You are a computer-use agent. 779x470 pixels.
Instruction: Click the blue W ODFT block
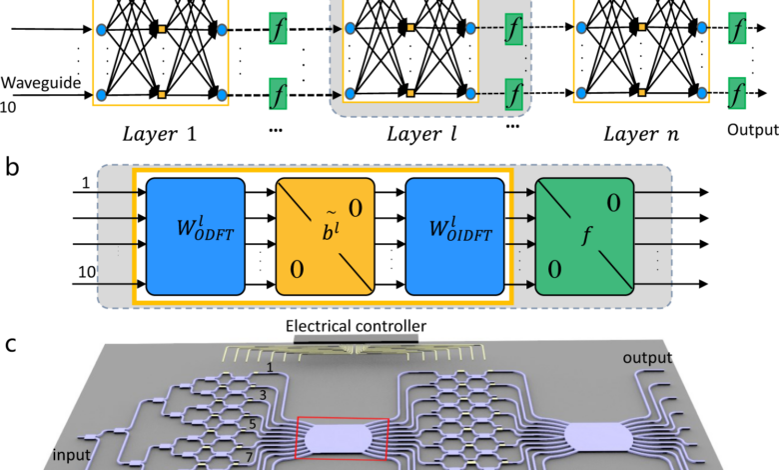196,236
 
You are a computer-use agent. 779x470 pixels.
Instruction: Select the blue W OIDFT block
455,236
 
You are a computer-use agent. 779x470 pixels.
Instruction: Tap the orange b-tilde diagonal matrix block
326,236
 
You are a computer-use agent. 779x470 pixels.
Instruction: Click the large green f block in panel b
584,236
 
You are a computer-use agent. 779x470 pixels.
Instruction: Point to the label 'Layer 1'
160,134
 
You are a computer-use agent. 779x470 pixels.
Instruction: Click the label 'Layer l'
421,134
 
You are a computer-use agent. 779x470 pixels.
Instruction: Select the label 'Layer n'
641,134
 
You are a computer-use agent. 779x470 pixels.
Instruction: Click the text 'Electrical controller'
356,326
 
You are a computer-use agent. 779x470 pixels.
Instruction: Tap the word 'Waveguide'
41,83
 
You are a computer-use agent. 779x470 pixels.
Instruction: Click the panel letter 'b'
12,166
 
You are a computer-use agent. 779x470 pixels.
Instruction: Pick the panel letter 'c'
11,345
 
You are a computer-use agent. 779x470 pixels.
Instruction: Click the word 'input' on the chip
72,455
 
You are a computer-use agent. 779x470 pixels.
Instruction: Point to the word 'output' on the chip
647,358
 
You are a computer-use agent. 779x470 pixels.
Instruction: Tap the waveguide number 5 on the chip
253,424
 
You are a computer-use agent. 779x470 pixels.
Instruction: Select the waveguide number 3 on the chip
263,395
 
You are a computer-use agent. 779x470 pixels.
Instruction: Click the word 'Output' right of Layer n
753,130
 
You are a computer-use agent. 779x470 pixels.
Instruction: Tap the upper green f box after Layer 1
279,28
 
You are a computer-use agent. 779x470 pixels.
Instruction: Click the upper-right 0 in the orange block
356,208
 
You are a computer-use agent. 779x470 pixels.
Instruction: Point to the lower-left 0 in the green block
555,270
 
